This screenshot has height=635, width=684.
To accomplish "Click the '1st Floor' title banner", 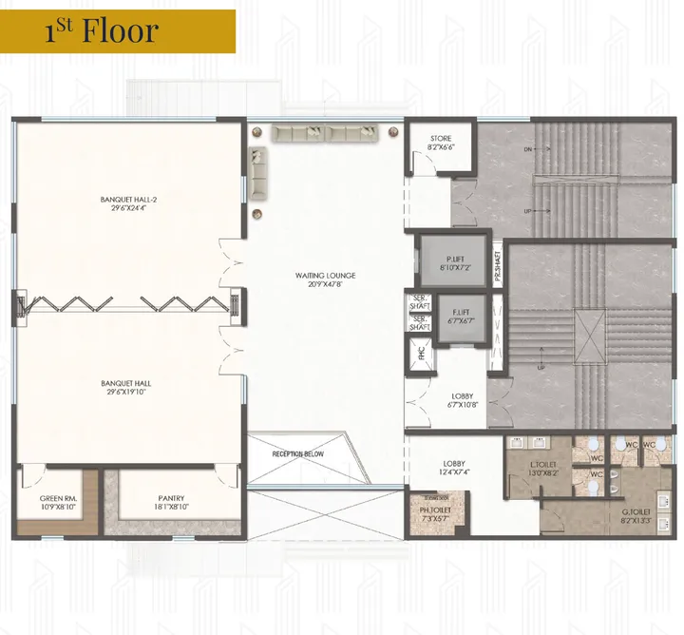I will (x=118, y=30).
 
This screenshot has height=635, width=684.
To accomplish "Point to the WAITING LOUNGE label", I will (x=325, y=276).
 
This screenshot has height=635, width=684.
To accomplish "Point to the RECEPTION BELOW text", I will (x=297, y=454).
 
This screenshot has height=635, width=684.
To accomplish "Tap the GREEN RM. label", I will (x=58, y=503).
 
